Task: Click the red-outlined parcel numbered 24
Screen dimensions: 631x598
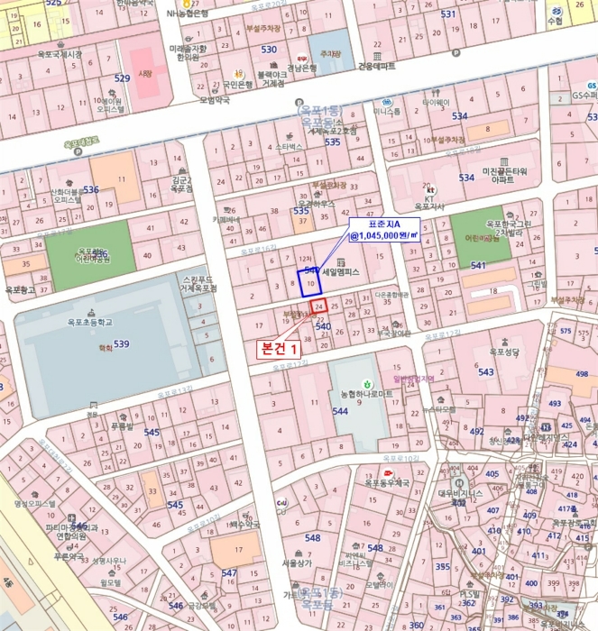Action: (318, 307)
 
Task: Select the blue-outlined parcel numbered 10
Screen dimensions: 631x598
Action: (309, 281)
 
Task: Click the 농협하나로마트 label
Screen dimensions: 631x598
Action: (366, 394)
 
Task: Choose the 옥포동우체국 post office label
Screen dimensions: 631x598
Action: (388, 483)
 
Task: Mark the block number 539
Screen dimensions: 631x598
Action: (121, 343)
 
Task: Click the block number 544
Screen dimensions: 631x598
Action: (340, 411)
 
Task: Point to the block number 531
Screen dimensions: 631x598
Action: (447, 14)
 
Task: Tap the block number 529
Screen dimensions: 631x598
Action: (122, 78)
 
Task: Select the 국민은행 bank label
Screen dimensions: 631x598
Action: (236, 85)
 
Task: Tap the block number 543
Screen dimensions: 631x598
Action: (485, 372)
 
